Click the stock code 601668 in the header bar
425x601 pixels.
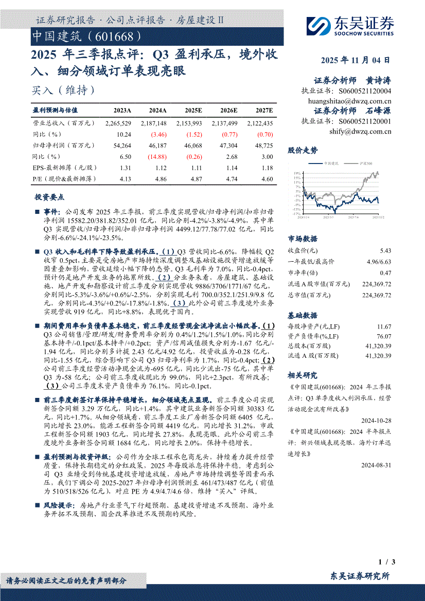point(116,36)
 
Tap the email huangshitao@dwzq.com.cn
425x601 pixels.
point(349,101)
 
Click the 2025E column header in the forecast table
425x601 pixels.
point(193,110)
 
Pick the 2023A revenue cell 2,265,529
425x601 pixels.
point(118,123)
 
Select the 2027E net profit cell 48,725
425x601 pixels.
point(263,145)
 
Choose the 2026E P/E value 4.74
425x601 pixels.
point(229,178)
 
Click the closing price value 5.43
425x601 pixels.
point(385,251)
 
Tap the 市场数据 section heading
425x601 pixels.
point(303,239)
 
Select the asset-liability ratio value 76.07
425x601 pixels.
point(384,336)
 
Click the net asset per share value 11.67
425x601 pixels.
point(384,326)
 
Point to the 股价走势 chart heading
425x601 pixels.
point(303,150)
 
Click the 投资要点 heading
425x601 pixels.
point(49,197)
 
